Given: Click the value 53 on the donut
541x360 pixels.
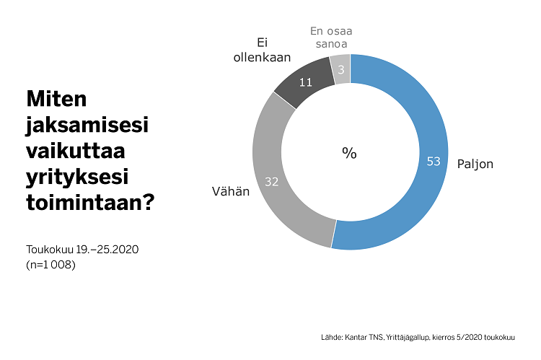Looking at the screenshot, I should pos(433,162).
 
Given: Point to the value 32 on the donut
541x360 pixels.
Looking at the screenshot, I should pos(272,182).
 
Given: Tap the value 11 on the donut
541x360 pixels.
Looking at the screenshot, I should pos(305,82).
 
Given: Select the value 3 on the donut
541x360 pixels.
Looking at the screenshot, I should pos(341,69).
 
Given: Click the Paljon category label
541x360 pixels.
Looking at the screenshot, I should pos(475,164).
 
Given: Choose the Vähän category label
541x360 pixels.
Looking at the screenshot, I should pos(231,191).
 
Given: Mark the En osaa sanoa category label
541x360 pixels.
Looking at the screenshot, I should pos(330,37).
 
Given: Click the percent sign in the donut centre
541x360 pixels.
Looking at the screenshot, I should pos(350,153).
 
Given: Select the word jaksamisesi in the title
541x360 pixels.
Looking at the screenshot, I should pos(87,124).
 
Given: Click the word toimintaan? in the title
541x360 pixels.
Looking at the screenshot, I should pos(90,203).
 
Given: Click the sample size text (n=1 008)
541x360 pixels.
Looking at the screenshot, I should pos(50,264).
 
